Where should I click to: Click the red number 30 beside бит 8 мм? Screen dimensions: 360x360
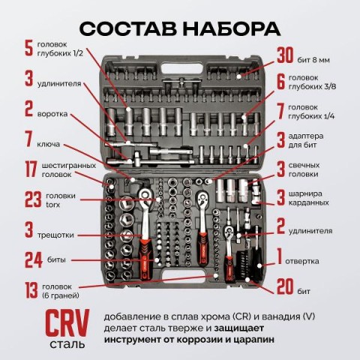click(x=285, y=55)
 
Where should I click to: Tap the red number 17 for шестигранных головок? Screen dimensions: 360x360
click(x=31, y=169)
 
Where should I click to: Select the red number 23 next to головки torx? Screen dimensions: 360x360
click(x=33, y=199)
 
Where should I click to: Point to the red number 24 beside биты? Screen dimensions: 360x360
click(x=34, y=260)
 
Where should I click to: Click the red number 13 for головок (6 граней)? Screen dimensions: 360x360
click(x=31, y=290)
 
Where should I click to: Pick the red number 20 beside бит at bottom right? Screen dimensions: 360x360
click(x=285, y=286)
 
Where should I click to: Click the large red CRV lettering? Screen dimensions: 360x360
click(x=67, y=323)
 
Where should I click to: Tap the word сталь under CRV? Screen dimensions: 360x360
click(x=67, y=344)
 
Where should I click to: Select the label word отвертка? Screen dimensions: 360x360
click(x=302, y=261)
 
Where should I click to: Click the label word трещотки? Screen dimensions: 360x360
click(x=55, y=235)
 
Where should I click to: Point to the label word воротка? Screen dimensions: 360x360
click(x=52, y=114)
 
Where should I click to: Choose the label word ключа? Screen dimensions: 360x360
click(x=49, y=144)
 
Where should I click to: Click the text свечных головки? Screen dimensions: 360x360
click(x=304, y=169)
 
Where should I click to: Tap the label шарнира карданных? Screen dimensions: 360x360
click(x=308, y=198)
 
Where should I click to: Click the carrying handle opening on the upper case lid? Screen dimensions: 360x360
click(x=181, y=68)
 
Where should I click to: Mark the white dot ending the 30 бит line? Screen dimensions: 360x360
click(x=239, y=76)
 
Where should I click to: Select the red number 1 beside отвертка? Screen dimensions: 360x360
click(x=280, y=256)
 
